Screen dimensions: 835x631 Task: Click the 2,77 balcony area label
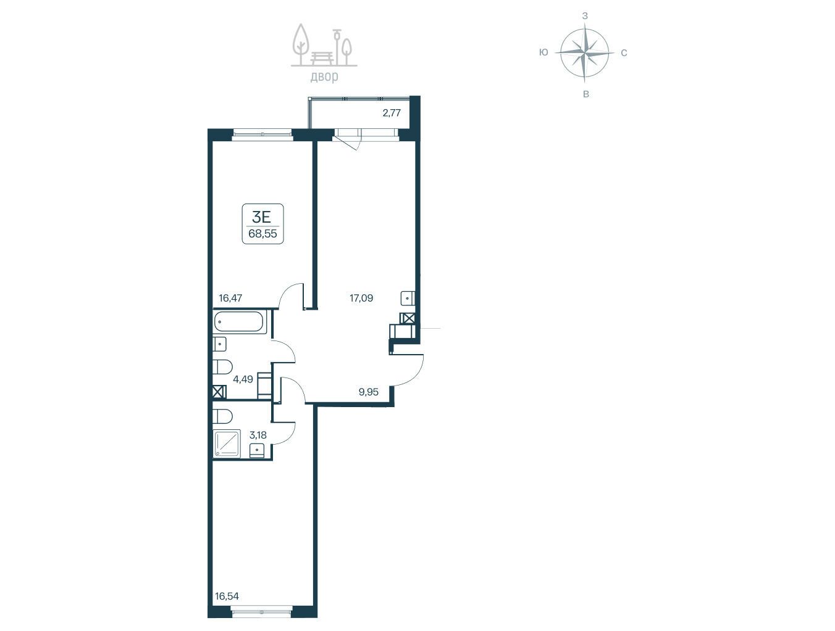coord(392,113)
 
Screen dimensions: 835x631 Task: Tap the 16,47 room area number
coord(230,298)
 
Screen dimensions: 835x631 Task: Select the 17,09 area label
coord(361,298)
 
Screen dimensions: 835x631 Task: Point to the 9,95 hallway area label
coord(369,392)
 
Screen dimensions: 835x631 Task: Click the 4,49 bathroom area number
coord(243,379)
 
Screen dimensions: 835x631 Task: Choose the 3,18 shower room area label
coord(258,435)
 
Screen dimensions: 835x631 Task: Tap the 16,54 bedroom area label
coord(227,596)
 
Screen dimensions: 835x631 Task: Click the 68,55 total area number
coord(263,234)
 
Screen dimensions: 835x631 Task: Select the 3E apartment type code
coord(261,217)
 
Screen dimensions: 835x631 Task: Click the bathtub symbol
coord(238,322)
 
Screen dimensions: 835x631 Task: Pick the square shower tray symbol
coord(227,443)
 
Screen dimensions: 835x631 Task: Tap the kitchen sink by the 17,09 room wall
coord(408,298)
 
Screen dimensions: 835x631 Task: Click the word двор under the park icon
coord(324,76)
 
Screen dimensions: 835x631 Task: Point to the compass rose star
coord(585,53)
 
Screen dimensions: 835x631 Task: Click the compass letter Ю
coord(543,52)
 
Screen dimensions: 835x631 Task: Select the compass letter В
coord(586,94)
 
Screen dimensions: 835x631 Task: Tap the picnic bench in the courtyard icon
coord(322,58)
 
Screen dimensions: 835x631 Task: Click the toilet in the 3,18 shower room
coord(222,416)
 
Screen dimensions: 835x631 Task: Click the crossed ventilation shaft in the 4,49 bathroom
coord(219,392)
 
